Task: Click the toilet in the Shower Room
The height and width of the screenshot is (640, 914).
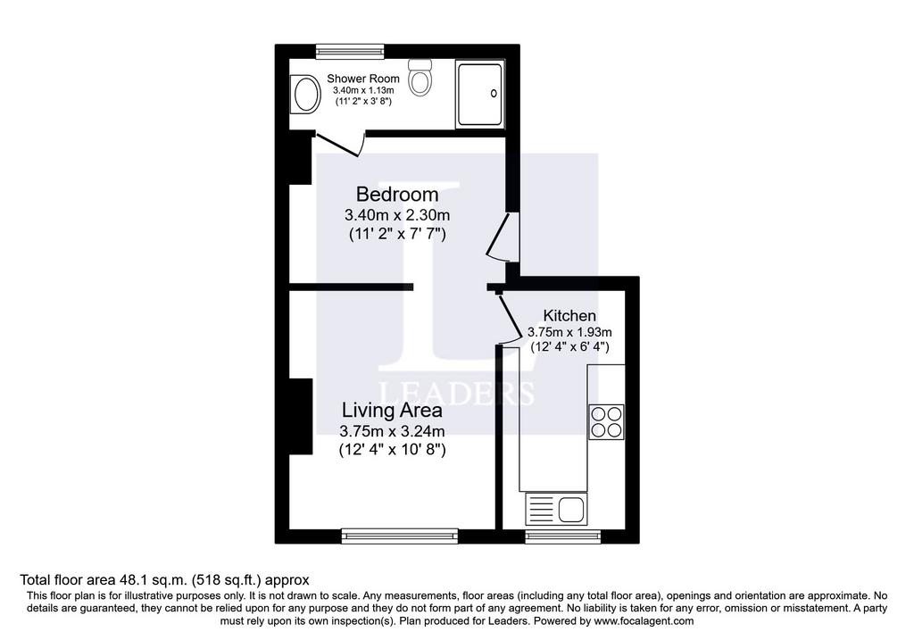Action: click(420, 78)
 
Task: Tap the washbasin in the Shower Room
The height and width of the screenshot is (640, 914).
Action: click(305, 94)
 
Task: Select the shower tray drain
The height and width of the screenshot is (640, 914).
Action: click(494, 93)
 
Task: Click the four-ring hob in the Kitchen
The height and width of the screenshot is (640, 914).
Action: click(606, 421)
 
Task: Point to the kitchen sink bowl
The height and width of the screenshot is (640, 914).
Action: click(572, 510)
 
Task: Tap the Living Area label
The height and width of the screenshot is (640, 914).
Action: click(392, 410)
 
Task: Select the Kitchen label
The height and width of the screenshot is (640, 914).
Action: click(569, 315)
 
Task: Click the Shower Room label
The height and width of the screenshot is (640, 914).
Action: click(363, 79)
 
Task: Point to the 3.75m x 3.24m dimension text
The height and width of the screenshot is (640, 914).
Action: click(393, 431)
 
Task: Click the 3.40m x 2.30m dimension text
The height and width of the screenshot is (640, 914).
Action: click(397, 215)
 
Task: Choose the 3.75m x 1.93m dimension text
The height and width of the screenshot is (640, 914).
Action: click(569, 332)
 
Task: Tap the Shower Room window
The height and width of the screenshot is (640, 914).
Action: click(350, 51)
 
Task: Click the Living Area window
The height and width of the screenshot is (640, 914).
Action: click(400, 536)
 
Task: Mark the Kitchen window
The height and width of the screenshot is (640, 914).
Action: click(563, 536)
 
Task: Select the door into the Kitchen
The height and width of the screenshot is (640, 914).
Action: click(509, 320)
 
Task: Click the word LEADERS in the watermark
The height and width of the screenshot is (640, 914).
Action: click(457, 394)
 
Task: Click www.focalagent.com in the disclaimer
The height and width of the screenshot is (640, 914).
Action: click(644, 620)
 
